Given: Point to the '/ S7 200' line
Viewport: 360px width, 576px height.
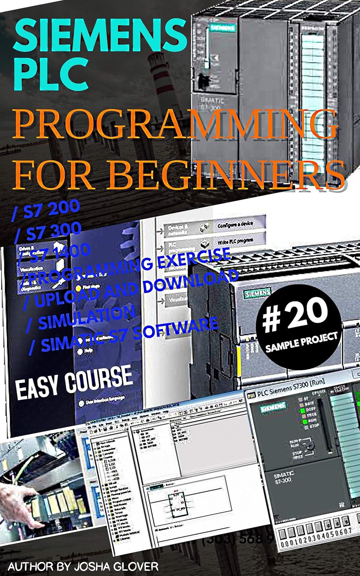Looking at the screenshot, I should pos(46,210).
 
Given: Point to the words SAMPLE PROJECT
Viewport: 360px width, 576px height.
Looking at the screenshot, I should pos(301,341).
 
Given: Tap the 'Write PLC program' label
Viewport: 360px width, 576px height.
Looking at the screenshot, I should pos(235,241).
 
